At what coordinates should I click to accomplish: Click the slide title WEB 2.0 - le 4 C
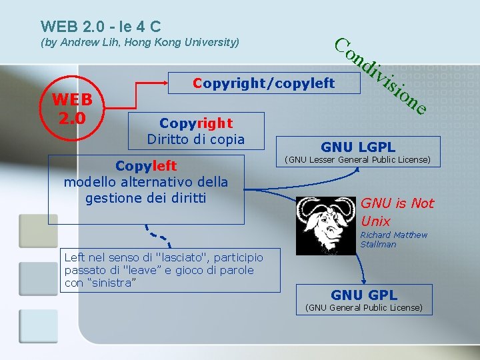[x=101, y=27]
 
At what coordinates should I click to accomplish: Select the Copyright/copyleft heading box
[x=263, y=84]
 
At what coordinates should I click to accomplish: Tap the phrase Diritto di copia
[x=196, y=139]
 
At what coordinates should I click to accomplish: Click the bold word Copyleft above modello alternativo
[x=146, y=165]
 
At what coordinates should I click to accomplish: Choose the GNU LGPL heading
[x=358, y=147]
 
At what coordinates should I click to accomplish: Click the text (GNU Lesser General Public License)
[x=358, y=160]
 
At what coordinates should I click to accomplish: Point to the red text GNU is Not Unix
[x=396, y=212]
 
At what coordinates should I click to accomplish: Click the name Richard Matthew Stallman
[x=393, y=239]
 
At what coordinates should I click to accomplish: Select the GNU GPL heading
[x=364, y=295]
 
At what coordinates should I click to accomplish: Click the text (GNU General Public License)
[x=363, y=307]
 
